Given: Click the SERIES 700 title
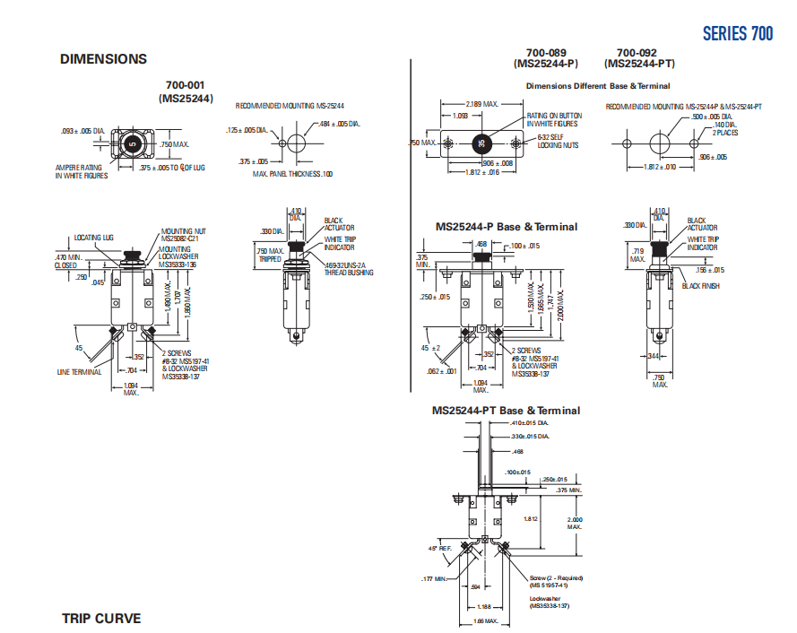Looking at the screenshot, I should [737, 34].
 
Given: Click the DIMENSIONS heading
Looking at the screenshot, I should [103, 59].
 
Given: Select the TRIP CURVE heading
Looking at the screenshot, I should [101, 618].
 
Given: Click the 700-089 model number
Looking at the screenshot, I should [545, 53].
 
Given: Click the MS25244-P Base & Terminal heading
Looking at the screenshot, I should [507, 227].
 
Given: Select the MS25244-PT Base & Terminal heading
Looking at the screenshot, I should [506, 411].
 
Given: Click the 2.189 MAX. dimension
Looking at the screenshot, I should [481, 104].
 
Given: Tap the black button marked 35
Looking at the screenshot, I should [482, 143].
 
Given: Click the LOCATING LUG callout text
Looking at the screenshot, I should [93, 238].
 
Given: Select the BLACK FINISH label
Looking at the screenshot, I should [701, 286].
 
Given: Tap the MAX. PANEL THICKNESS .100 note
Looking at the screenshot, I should [292, 173].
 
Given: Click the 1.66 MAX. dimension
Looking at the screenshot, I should [484, 620].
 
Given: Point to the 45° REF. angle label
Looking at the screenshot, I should [437, 547].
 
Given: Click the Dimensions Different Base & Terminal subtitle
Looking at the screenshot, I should [597, 86].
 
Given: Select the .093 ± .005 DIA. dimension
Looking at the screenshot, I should [83, 132].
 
